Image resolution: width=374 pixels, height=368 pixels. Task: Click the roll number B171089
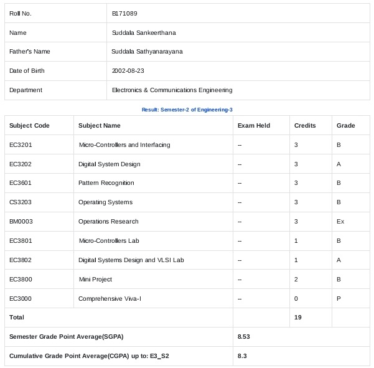tap(124, 13)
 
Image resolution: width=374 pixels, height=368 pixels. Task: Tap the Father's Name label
tap(30, 52)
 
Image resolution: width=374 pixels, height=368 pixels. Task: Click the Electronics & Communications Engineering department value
tap(172, 90)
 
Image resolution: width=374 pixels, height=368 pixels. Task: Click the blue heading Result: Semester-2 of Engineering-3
tap(187, 110)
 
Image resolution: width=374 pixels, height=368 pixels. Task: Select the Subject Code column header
tap(29, 126)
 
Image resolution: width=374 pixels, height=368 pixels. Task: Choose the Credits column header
tap(304, 126)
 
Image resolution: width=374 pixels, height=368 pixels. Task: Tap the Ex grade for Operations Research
tap(340, 222)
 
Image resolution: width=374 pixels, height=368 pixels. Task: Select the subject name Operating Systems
tap(105, 202)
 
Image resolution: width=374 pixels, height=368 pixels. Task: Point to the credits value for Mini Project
tap(296, 280)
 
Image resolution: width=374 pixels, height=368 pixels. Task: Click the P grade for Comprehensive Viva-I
tap(339, 299)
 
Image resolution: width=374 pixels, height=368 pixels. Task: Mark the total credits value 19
tap(297, 318)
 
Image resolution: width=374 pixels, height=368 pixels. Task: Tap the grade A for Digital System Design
tap(339, 164)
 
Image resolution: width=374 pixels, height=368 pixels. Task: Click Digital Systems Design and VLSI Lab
tap(131, 260)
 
